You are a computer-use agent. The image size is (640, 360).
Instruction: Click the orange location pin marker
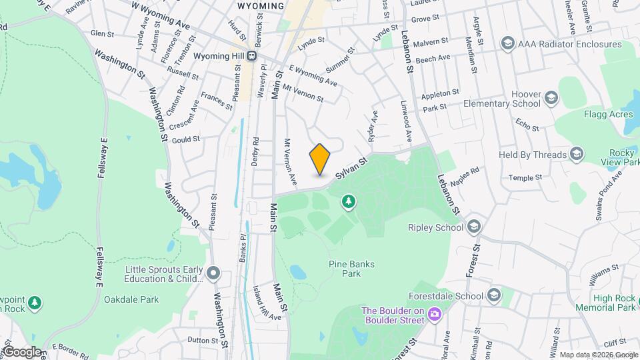320,159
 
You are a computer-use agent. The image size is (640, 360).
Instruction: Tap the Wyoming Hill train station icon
251,57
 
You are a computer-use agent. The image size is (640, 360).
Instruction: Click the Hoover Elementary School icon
551,99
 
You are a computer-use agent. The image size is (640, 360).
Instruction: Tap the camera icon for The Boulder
435,314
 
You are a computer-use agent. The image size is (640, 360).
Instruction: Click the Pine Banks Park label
351,269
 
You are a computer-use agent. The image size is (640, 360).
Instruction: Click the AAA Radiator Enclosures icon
508,44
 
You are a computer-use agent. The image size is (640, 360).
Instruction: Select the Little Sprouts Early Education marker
213,273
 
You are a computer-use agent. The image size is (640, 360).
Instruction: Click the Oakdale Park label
131,299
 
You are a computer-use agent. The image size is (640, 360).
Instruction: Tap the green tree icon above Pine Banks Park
347,201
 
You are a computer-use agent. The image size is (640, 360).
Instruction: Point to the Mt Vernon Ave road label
291,162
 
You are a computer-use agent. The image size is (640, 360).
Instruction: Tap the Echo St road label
527,125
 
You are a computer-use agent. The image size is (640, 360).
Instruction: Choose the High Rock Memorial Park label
614,303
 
